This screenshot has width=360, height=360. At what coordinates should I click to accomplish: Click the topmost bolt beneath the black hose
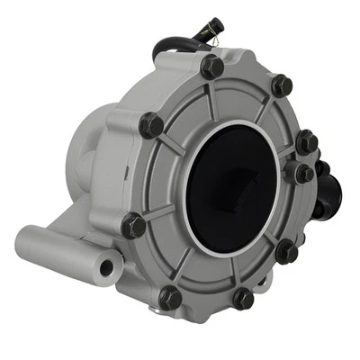tap(212, 66)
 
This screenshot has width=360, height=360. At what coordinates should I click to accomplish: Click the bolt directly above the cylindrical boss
tap(134, 224)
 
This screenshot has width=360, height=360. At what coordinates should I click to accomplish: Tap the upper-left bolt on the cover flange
tap(151, 125)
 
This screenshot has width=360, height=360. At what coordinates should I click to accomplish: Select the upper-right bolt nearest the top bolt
tap(281, 85)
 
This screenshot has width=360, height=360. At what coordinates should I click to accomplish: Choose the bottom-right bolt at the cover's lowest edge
tap(243, 299)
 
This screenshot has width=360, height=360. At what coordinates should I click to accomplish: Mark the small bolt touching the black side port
tap(301, 173)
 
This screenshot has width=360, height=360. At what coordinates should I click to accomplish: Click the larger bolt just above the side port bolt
tap(306, 141)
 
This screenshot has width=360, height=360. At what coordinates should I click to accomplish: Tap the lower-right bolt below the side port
tap(286, 251)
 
